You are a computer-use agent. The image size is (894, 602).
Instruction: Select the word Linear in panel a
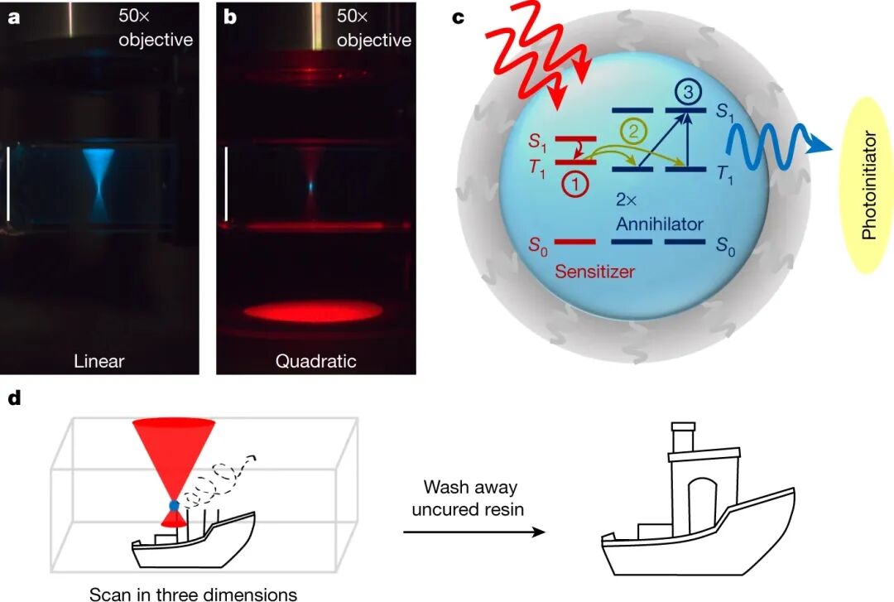[99, 361]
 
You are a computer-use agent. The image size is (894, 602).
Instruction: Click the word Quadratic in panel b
[316, 361]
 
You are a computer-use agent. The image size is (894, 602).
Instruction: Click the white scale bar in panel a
[9, 184]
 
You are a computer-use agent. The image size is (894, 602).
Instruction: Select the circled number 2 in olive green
[632, 130]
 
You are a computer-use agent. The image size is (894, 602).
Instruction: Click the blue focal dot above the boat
[173, 505]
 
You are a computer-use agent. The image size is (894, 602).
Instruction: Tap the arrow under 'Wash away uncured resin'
[474, 531]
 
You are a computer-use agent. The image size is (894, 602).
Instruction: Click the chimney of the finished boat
[683, 436]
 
